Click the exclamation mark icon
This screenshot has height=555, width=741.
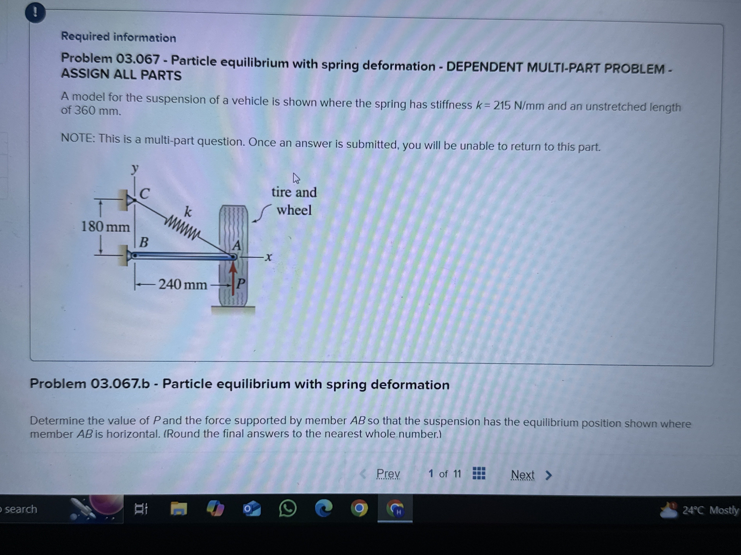pyautogui.click(x=35, y=13)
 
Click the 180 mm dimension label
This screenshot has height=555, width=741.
pyautogui.click(x=105, y=227)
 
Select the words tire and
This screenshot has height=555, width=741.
pyautogui.click(x=294, y=192)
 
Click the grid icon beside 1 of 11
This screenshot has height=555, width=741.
pyautogui.click(x=479, y=473)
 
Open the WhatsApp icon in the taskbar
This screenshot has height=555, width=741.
pyautogui.click(x=287, y=509)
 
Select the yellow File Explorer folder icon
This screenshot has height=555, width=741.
pyautogui.click(x=179, y=509)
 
